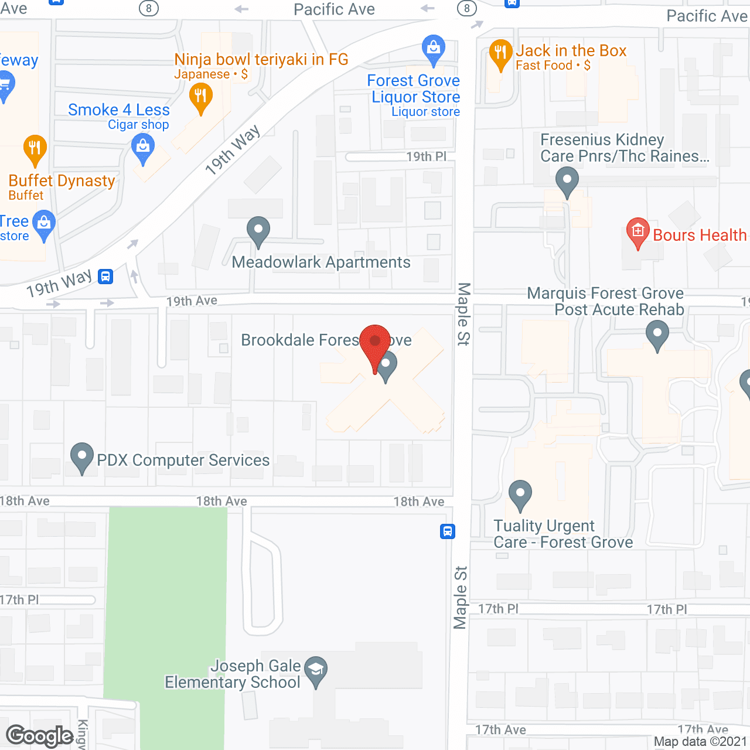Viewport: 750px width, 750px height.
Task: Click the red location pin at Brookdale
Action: pos(375,343)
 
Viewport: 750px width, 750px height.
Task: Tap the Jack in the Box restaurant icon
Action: pos(500,53)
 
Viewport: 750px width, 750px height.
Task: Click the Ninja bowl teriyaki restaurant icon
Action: pos(201,96)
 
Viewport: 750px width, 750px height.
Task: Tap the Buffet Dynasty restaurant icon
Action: pos(35,148)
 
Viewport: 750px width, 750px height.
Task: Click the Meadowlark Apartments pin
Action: pos(258,229)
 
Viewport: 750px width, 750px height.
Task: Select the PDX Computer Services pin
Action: pos(82,456)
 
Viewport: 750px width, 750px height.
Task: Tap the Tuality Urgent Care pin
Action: pos(520,493)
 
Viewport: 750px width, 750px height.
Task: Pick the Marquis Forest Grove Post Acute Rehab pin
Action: pos(657,335)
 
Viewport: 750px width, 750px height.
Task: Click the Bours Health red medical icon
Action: pos(637,231)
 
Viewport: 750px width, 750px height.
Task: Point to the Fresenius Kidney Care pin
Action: pos(567,180)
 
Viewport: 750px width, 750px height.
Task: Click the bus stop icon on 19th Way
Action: pos(105,276)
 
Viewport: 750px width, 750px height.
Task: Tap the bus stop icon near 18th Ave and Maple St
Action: pos(448,531)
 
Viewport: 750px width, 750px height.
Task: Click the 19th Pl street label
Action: pos(426,156)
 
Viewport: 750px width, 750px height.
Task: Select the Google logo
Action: pos(40,736)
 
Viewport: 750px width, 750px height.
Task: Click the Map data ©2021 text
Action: pos(700,742)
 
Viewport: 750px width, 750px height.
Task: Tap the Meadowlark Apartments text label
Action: pos(321,262)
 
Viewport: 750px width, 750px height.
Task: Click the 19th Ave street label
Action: pos(192,301)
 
